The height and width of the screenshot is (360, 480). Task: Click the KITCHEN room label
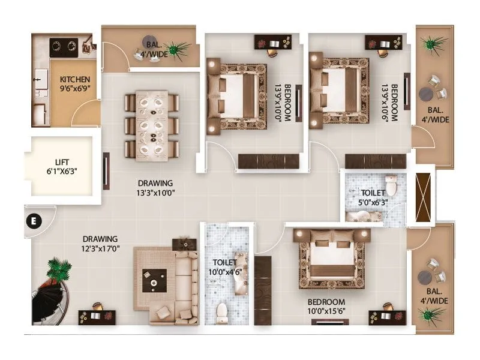tap(74, 79)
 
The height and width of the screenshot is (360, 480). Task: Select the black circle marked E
tap(34, 220)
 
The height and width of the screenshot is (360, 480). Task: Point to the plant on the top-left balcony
tap(176, 48)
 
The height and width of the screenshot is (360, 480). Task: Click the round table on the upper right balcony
tap(427, 94)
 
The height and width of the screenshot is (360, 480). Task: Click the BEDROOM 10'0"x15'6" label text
tap(326, 306)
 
